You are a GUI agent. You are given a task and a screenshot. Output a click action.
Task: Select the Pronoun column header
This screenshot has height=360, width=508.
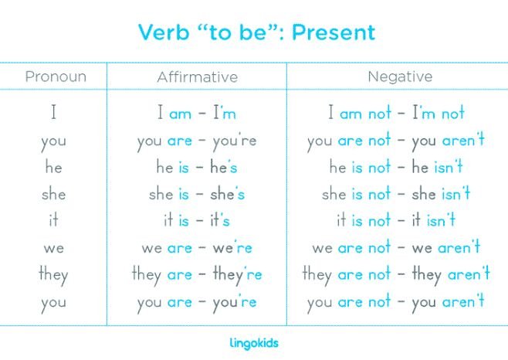55,76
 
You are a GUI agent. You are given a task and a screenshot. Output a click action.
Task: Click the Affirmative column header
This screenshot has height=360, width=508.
197,76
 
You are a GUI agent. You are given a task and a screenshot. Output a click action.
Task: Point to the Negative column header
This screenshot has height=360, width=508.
399,76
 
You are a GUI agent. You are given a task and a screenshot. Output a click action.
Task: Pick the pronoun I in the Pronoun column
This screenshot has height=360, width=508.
54,114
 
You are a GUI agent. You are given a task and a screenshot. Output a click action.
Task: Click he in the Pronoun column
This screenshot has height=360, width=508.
53,167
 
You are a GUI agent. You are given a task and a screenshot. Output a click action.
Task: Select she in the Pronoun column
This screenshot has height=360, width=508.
53,194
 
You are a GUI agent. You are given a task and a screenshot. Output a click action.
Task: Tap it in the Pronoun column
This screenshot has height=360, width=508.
53,220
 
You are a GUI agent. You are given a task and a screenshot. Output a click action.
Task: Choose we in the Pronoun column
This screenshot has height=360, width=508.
53,247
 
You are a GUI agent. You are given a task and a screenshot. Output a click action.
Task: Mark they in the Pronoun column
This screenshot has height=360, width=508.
53,274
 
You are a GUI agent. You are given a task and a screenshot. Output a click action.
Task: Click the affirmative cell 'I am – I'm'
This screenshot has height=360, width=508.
197,114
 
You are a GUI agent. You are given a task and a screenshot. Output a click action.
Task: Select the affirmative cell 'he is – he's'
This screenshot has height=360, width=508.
197,167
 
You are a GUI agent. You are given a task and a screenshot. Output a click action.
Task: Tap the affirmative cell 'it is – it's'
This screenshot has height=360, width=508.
197,220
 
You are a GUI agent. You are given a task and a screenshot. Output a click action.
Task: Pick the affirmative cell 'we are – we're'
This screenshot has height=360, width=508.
197,247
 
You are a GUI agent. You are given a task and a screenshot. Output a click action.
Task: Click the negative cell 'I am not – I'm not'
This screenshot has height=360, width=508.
396,114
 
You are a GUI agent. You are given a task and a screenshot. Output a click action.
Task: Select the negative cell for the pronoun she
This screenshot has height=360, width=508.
396,194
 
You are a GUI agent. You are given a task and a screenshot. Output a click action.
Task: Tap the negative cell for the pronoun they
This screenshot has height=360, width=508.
396,274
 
